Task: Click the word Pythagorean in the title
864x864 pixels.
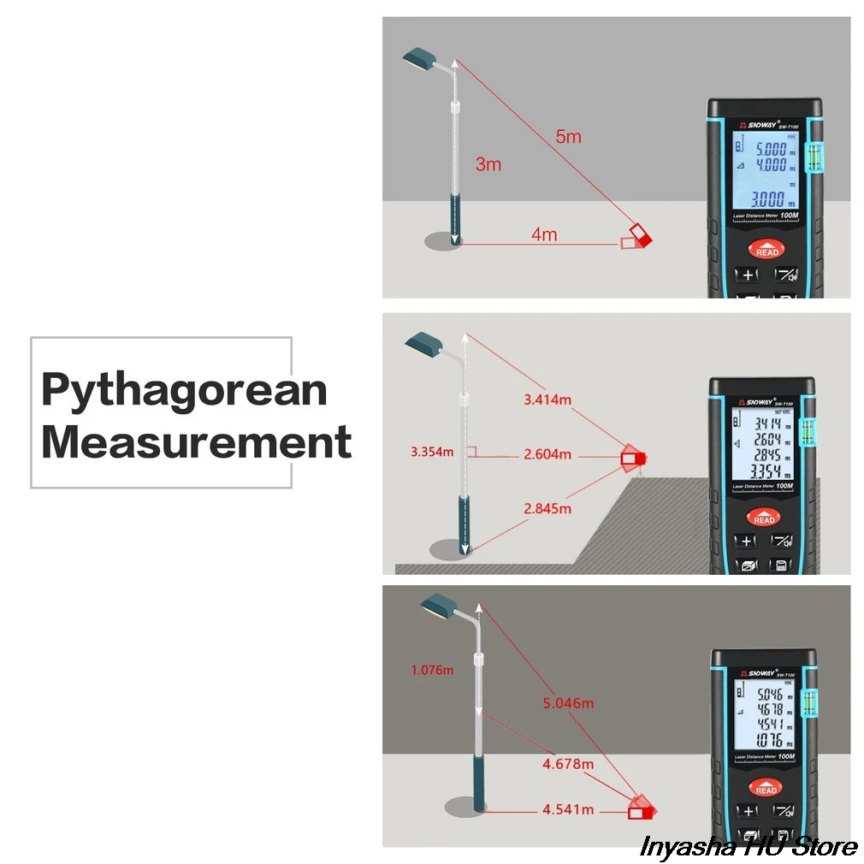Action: coord(184,390)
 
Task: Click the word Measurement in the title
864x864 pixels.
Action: coord(196,442)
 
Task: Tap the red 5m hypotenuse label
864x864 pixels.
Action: coord(568,137)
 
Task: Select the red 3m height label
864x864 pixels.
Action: coord(488,164)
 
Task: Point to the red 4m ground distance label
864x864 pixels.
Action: coord(544,234)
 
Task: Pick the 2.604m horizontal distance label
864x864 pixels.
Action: coord(547,454)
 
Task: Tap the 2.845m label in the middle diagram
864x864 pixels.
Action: coord(547,508)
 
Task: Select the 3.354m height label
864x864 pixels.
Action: coord(432,452)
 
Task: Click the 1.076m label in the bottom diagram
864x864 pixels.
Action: coord(432,670)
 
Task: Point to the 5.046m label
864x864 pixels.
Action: coord(569,703)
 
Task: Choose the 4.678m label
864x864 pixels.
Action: coord(569,763)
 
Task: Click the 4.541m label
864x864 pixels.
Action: coord(569,808)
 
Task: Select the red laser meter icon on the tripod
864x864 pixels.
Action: coord(634,457)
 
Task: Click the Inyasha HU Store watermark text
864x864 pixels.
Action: coord(748,845)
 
